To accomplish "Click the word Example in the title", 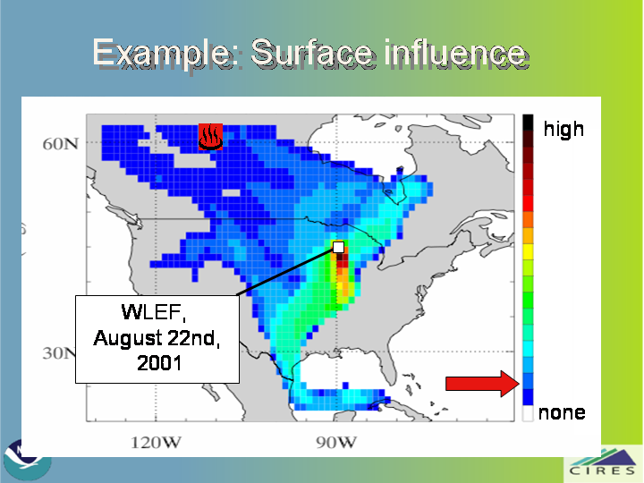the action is [162, 54].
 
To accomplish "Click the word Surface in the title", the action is [311, 53].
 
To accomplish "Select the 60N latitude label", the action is [61, 144].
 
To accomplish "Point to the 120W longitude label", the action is [156, 443].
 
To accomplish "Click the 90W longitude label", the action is [336, 443].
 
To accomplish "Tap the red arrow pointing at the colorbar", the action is [483, 384].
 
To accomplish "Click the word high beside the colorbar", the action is [563, 129].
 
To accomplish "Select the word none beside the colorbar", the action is [562, 412].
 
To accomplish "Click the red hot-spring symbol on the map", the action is [211, 137].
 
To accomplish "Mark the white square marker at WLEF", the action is [338, 247].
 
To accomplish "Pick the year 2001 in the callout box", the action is [159, 363].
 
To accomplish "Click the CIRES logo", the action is [603, 463].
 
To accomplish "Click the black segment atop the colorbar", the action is [528, 123].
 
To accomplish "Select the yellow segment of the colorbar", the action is [528, 251].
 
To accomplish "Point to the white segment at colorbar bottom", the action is [528, 413].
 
